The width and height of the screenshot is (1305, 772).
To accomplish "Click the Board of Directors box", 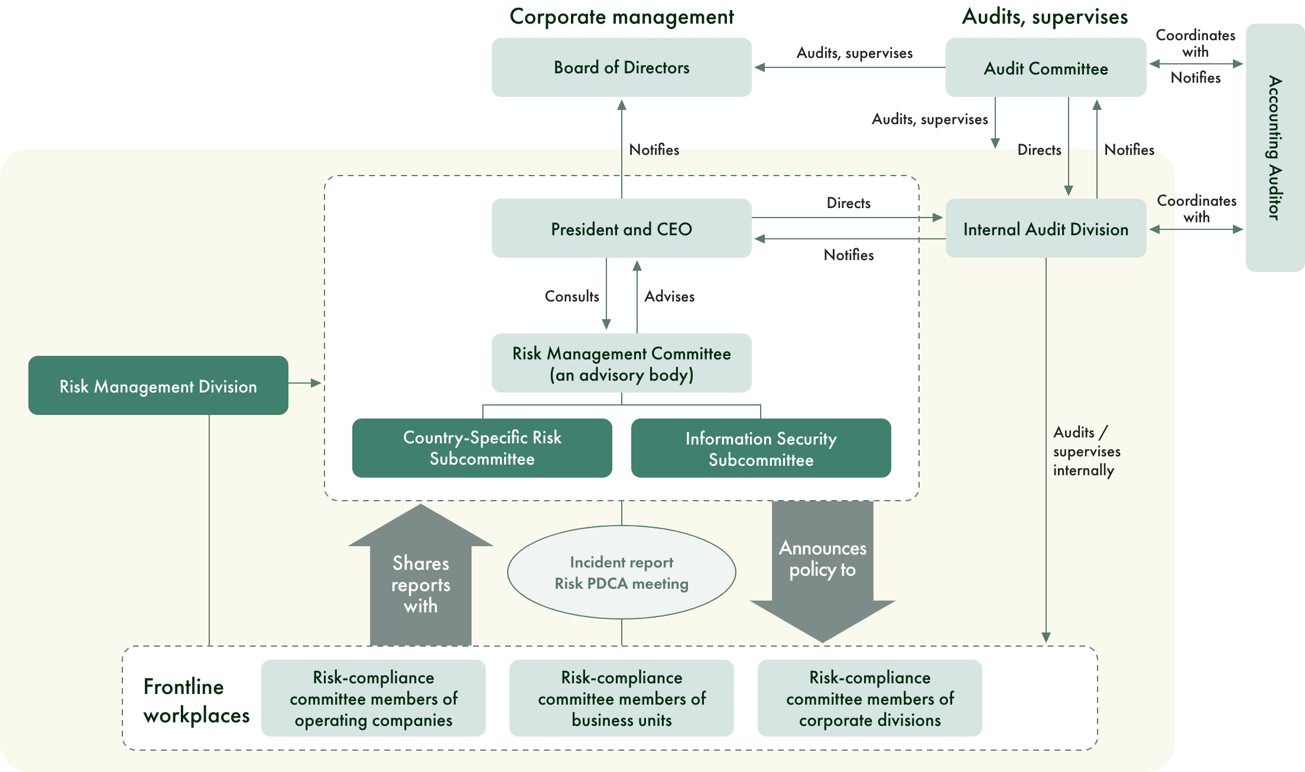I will click(x=621, y=67).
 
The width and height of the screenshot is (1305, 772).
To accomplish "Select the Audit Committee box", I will click(x=1046, y=68).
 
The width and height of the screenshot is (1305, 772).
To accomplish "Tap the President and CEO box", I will click(x=621, y=229).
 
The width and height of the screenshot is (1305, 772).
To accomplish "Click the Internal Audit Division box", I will click(x=1046, y=229).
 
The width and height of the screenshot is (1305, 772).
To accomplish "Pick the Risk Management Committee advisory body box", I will click(x=621, y=364).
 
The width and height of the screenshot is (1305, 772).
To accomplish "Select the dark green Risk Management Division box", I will click(x=158, y=386).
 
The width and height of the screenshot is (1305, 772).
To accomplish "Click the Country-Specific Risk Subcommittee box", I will click(x=482, y=448).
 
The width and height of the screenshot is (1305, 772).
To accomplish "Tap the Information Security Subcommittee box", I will click(x=761, y=449).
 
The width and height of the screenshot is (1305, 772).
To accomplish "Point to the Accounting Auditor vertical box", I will click(x=1275, y=148).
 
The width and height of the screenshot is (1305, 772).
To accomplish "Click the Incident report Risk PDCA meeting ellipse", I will click(x=621, y=572).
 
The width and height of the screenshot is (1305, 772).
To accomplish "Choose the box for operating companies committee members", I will click(x=373, y=698).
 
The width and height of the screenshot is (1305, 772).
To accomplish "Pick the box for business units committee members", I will click(x=621, y=698).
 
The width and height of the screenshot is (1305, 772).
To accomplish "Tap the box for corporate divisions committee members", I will click(x=869, y=698).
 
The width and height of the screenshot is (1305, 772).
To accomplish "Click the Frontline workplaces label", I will click(x=196, y=700).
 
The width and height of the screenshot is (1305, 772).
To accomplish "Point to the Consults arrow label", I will click(x=572, y=296).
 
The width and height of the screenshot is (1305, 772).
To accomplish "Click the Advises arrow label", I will click(x=669, y=296).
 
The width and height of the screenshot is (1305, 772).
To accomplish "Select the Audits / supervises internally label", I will click(x=1086, y=451).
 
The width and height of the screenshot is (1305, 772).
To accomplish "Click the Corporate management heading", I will click(x=621, y=17).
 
